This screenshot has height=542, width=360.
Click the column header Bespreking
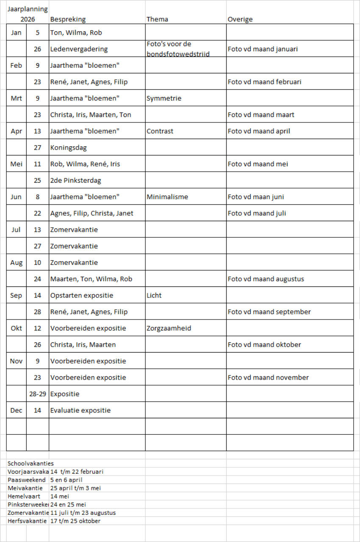(68, 19)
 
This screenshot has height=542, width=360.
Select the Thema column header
(157, 19)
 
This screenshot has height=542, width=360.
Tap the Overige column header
(240, 19)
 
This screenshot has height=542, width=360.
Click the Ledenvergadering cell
(79, 49)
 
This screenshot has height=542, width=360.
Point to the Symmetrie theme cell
(164, 98)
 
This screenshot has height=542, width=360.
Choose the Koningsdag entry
(68, 148)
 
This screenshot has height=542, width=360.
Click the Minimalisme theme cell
(167, 197)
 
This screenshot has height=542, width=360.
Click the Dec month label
(16, 411)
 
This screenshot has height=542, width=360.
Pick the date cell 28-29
(38, 394)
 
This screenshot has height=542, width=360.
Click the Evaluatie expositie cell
(80, 411)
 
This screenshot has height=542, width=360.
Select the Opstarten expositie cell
(82, 296)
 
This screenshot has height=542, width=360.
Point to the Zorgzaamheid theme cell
(169, 328)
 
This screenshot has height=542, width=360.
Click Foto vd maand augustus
(266, 279)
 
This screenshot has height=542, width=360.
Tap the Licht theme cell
(154, 296)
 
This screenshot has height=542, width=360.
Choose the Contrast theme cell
(160, 131)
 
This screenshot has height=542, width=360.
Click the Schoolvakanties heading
(30, 464)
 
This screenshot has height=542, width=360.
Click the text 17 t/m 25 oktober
(75, 521)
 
